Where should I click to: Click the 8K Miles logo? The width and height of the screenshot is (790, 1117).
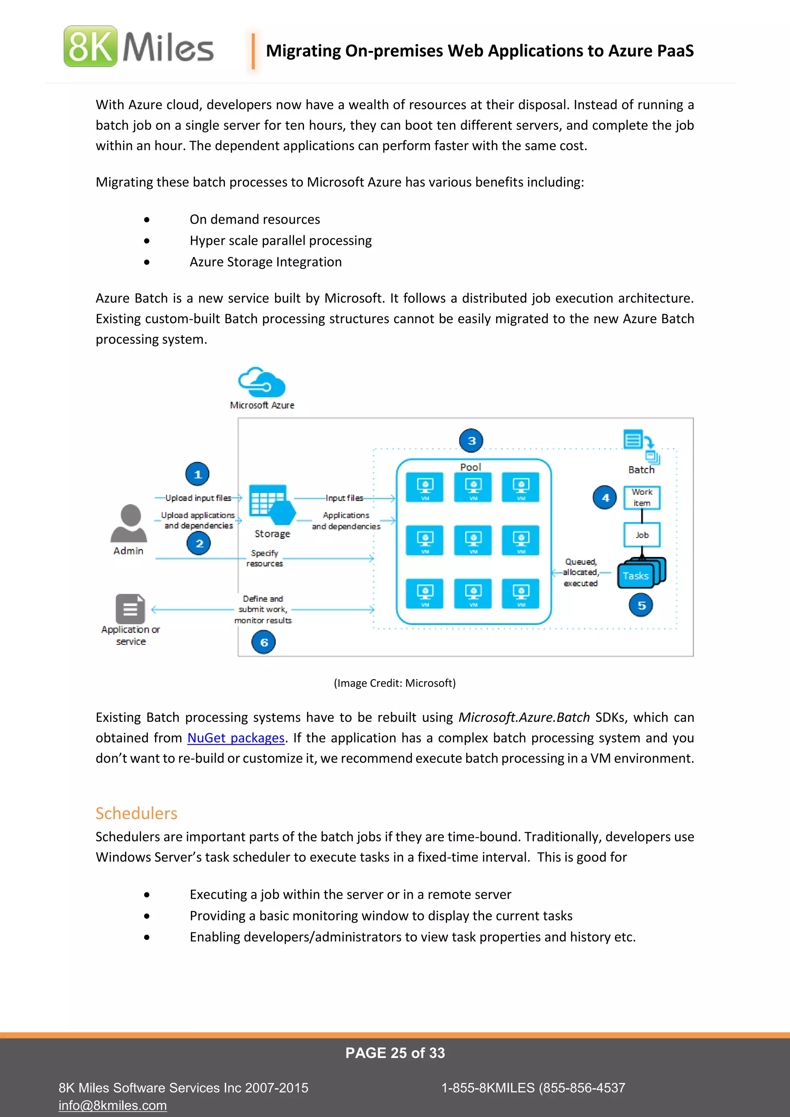click(138, 47)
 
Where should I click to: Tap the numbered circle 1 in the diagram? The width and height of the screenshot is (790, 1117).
click(197, 474)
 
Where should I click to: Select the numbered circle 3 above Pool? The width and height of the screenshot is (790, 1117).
click(471, 441)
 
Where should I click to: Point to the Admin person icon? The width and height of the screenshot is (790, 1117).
click(129, 523)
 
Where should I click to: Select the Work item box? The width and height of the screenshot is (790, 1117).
click(641, 498)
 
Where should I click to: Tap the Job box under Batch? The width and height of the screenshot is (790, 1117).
click(641, 535)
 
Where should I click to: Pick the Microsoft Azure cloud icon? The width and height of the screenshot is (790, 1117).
click(262, 382)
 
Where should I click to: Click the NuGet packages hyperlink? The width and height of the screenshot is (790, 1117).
click(236, 738)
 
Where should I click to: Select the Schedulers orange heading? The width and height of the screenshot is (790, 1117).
click(136, 813)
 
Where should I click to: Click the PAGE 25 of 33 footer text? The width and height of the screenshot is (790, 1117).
click(395, 1053)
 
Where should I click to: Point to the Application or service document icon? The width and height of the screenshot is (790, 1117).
click(130, 609)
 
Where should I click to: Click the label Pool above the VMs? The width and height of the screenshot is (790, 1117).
click(470, 467)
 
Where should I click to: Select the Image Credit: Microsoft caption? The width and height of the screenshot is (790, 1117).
click(395, 683)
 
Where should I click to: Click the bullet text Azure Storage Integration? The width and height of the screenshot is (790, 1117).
click(266, 262)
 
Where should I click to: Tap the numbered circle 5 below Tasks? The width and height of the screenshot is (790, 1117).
click(641, 606)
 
